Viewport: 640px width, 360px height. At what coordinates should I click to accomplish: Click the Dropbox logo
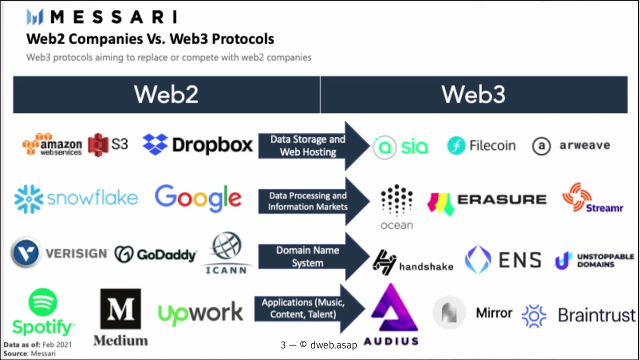coord(198,144)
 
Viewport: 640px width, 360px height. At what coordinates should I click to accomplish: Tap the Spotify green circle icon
coord(43,302)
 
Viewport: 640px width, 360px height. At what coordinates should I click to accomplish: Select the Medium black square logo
coord(120,308)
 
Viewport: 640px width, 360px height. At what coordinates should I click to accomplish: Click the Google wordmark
coord(198,198)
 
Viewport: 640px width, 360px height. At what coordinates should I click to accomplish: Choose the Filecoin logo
coord(481,145)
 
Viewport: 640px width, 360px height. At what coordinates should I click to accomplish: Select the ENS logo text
coord(520,260)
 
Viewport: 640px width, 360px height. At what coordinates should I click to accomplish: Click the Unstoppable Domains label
coord(605,260)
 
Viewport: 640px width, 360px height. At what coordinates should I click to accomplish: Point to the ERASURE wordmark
coord(501,199)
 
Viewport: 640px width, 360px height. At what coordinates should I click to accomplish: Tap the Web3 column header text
coord(473,94)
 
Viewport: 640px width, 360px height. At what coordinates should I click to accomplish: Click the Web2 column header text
coord(166,94)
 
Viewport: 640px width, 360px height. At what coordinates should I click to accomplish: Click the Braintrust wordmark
coord(596,315)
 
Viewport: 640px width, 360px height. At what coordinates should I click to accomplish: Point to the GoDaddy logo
coord(155,254)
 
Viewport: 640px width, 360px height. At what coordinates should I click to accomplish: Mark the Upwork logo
coord(200,313)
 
